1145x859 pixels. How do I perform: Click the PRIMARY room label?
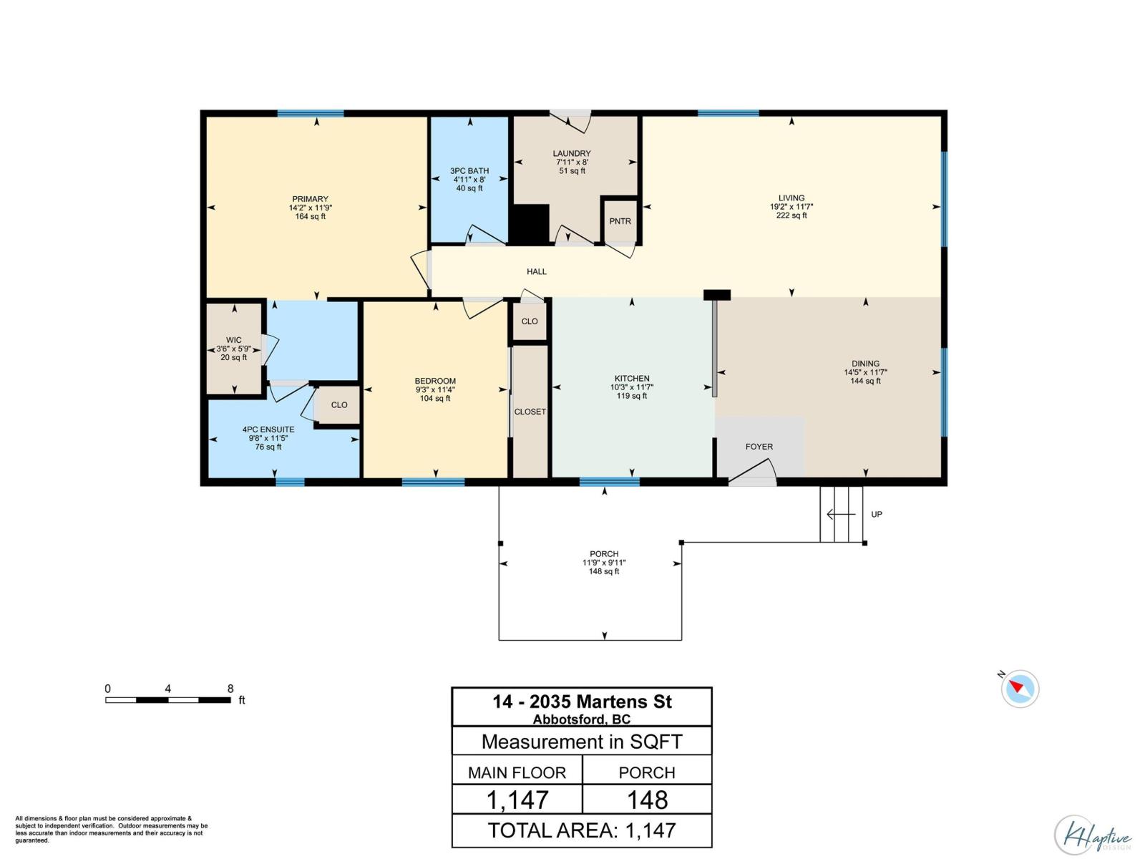pyautogui.click(x=310, y=199)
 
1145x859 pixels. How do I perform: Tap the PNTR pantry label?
pyautogui.click(x=620, y=221)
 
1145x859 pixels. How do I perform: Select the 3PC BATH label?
pyautogui.click(x=469, y=171)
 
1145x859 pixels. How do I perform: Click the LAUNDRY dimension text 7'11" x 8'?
pyautogui.click(x=572, y=162)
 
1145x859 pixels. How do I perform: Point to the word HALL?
pyautogui.click(x=537, y=271)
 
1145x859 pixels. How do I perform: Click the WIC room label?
pyautogui.click(x=233, y=340)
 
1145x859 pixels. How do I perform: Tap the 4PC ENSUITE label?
pyautogui.click(x=268, y=429)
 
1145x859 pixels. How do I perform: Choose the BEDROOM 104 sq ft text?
pyautogui.click(x=435, y=399)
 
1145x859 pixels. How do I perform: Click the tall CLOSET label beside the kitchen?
pyautogui.click(x=530, y=412)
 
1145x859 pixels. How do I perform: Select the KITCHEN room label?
pyautogui.click(x=632, y=379)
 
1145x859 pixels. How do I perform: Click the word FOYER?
pyautogui.click(x=759, y=447)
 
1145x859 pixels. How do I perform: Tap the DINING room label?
pyautogui.click(x=865, y=364)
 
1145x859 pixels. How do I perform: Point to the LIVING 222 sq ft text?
pyautogui.click(x=791, y=215)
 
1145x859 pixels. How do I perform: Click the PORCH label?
pyautogui.click(x=604, y=554)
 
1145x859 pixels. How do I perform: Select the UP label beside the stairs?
pyautogui.click(x=877, y=515)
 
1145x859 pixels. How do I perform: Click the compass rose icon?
pyautogui.click(x=1019, y=689)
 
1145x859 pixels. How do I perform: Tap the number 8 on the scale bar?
pyautogui.click(x=230, y=689)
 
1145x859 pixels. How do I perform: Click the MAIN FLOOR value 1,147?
pyautogui.click(x=517, y=800)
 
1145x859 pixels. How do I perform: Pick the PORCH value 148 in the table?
pyautogui.click(x=647, y=800)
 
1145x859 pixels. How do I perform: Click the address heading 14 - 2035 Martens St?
pyautogui.click(x=582, y=702)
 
